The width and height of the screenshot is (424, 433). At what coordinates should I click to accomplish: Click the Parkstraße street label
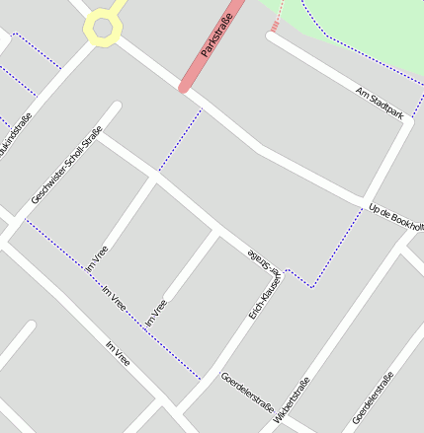tap(217, 36)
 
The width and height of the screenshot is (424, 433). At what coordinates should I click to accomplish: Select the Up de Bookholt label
tap(395, 218)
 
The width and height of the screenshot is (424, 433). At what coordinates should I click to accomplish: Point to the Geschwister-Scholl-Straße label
tap(66, 166)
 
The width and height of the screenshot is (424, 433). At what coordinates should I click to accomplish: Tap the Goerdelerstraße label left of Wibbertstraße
tap(247, 392)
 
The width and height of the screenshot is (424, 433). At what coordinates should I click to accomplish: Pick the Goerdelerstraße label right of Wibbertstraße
tap(373, 397)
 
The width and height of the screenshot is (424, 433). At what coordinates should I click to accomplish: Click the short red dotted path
tap(277, 18)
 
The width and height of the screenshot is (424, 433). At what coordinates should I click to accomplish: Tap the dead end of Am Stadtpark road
tap(271, 37)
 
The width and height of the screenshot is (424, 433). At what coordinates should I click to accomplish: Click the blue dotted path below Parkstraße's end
tap(181, 138)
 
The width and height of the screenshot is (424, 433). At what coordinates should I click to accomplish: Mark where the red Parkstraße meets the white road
tap(184, 88)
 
